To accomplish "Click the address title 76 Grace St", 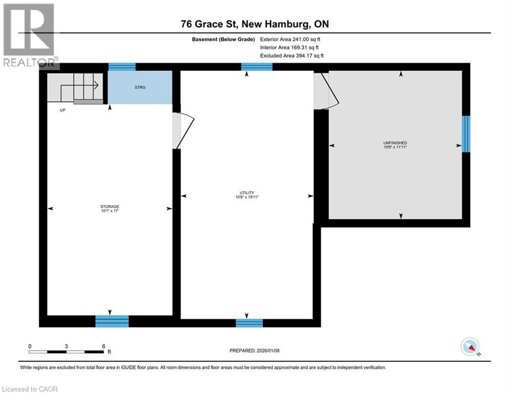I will [254, 24].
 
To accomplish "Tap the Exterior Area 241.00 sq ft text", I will [290, 39].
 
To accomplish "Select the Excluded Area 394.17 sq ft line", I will [292, 55].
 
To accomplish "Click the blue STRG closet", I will [140, 88].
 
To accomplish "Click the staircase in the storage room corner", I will [75, 88].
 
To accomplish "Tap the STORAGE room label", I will [109, 207].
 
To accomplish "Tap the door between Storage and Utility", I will [182, 130].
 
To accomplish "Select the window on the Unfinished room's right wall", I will [466, 134].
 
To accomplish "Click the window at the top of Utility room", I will [257, 67].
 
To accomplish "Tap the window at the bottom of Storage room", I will [112, 321].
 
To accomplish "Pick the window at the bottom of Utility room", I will [249, 322].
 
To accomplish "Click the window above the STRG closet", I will [122, 67].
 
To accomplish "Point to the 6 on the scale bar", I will [103, 346].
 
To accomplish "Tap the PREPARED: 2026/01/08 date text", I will [254, 351].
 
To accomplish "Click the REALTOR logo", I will [29, 35].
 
